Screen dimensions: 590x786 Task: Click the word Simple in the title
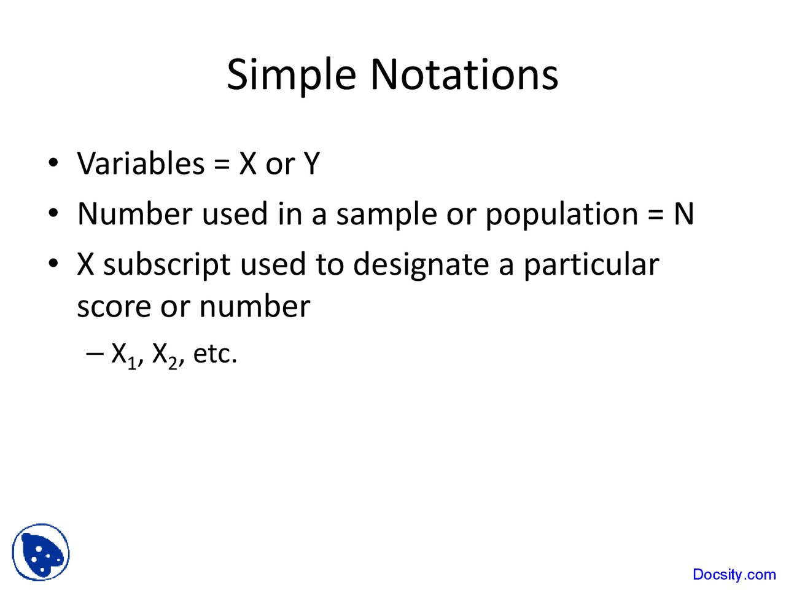tap(292, 75)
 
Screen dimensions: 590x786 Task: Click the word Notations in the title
tap(464, 75)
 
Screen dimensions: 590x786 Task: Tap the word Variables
tap(141, 163)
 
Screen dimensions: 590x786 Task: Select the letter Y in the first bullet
tap(312, 163)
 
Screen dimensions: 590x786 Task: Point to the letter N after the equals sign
tap(683, 214)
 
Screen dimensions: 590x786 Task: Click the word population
tap(562, 215)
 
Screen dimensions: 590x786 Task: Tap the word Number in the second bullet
tap(135, 214)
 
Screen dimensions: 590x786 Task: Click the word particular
tap(591, 265)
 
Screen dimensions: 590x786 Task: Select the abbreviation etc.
tap(215, 354)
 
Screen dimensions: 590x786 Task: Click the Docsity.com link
tap(734, 575)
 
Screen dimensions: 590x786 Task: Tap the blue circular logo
tap(41, 553)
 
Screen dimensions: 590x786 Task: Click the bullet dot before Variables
tap(54, 163)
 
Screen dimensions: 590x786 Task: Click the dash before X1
tap(95, 353)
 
